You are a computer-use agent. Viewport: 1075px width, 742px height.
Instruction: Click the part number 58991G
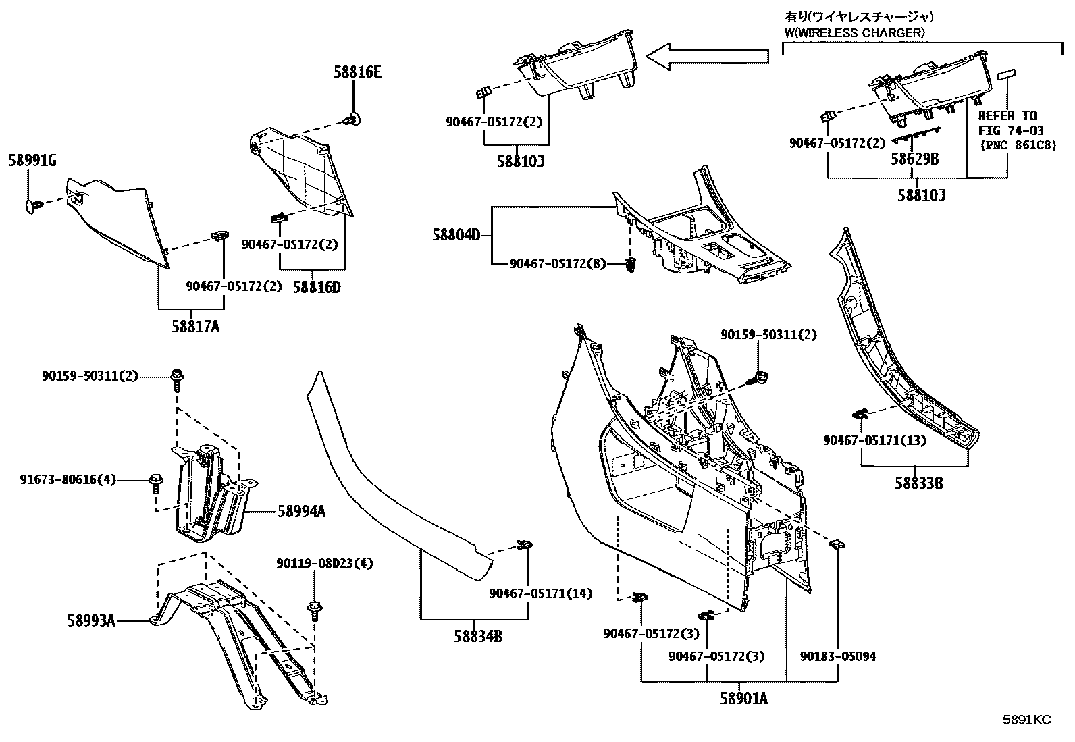32,160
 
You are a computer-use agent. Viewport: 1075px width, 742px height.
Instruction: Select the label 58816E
357,72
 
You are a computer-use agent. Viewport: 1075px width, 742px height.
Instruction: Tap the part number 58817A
195,327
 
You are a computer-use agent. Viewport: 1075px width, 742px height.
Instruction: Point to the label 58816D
317,287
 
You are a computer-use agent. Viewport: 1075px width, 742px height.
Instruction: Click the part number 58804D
456,235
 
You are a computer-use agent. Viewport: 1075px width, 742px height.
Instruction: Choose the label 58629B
915,159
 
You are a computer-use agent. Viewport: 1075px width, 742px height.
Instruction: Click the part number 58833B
919,483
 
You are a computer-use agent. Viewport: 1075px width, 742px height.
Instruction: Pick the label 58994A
301,512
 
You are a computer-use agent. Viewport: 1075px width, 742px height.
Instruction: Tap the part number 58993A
90,620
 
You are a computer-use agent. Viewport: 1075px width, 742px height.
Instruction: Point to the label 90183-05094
838,656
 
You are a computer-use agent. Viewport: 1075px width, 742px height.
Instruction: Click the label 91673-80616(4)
68,479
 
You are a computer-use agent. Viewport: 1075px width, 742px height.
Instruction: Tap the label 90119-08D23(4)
324,563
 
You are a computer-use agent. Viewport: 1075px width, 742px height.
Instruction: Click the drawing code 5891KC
1026,720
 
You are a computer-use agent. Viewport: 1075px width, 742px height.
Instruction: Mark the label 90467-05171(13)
874,440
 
